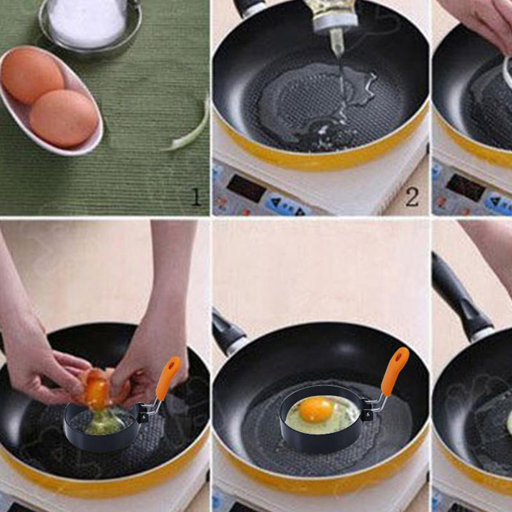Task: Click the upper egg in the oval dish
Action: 32,76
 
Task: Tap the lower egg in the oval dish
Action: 63,118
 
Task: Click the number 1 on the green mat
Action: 196,197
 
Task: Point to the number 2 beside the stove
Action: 412,197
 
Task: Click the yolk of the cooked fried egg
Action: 316,409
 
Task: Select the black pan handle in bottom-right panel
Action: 461,301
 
